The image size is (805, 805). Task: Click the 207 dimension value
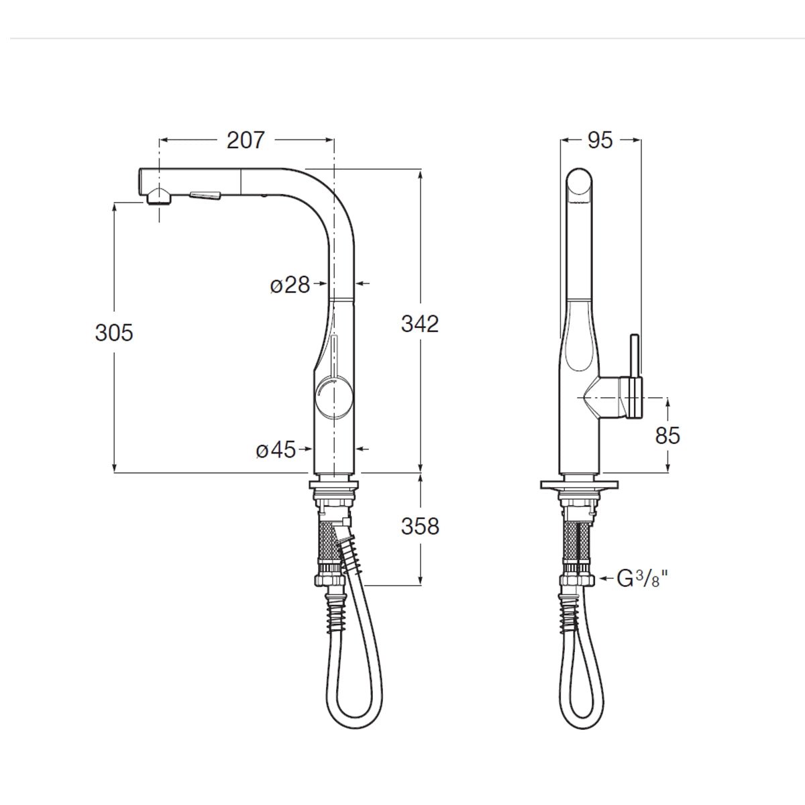[x=246, y=140]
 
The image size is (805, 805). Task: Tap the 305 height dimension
[x=114, y=332]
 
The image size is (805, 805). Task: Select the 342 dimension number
[x=420, y=323]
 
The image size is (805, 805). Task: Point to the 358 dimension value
[x=420, y=526]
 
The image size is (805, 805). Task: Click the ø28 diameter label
[x=290, y=285]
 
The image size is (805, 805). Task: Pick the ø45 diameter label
[x=276, y=450]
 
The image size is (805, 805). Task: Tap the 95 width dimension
[x=600, y=140]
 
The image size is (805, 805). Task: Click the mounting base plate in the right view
[x=578, y=485]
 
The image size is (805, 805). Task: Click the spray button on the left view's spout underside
[x=205, y=195]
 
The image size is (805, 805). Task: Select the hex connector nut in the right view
[x=578, y=578]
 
